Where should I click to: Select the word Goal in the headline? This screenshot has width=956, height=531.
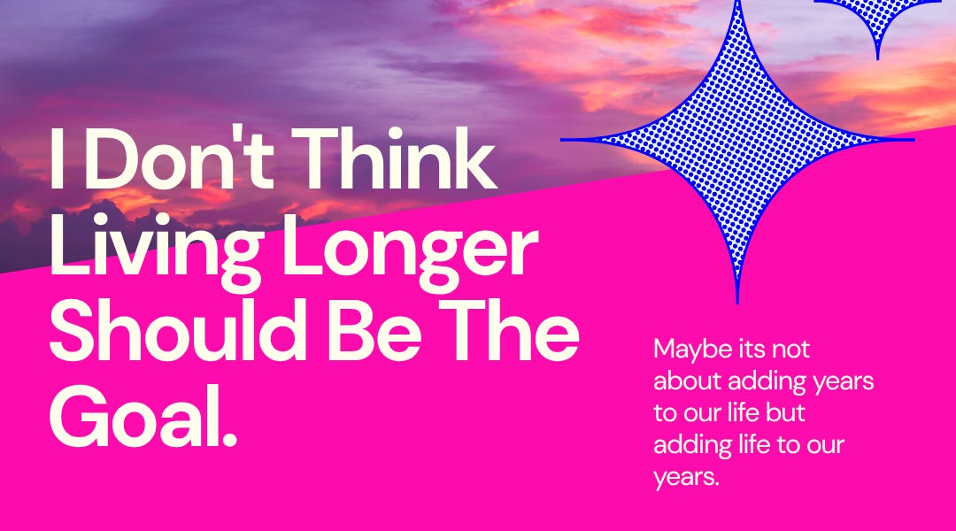pos(133,415)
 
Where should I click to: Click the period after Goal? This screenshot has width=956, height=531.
pos(230,439)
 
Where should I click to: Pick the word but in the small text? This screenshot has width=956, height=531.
pos(788,413)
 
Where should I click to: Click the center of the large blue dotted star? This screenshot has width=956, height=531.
pos(737,139)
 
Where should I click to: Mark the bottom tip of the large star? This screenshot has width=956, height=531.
pos(737,301)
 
